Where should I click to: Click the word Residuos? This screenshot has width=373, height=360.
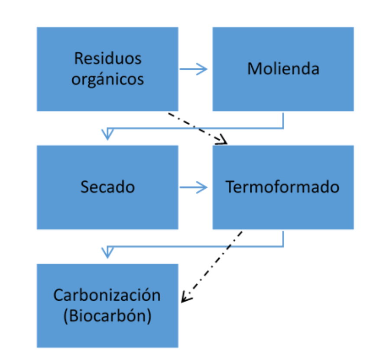pyautogui.click(x=107, y=58)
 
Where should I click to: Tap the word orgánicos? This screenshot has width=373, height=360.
pyautogui.click(x=107, y=79)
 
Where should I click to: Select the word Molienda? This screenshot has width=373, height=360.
pyautogui.click(x=283, y=69)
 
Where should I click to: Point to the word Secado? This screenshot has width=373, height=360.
pyautogui.click(x=107, y=187)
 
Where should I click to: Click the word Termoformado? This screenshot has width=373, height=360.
pyautogui.click(x=282, y=187)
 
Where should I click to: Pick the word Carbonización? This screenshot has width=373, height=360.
pyautogui.click(x=107, y=295)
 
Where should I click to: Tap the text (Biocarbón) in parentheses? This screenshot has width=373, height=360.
pyautogui.click(x=107, y=316)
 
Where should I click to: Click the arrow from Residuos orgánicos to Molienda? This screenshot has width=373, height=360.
pyautogui.click(x=194, y=69)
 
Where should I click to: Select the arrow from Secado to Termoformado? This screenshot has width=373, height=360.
pyautogui.click(x=194, y=187)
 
